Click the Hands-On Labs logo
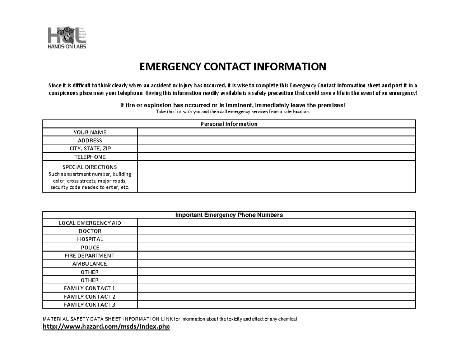pos(66,38)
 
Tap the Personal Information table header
pos(229,124)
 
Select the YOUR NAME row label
pos(90,132)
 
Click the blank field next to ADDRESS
pos(276,141)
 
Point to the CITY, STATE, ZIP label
pos(90,149)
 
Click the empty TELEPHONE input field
pos(276,157)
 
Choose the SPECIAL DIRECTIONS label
pos(90,167)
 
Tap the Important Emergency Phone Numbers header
pos(229,215)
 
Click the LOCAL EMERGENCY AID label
pos(90,223)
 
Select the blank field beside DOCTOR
pos(276,231)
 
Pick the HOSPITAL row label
pos(90,239)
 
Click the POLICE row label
pos(90,247)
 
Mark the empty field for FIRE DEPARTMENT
pos(276,256)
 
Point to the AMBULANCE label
pos(90,264)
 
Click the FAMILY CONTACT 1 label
pos(90,288)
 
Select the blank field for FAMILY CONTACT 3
pos(276,304)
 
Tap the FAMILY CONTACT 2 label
pos(90,296)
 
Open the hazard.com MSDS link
pos(106,327)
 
